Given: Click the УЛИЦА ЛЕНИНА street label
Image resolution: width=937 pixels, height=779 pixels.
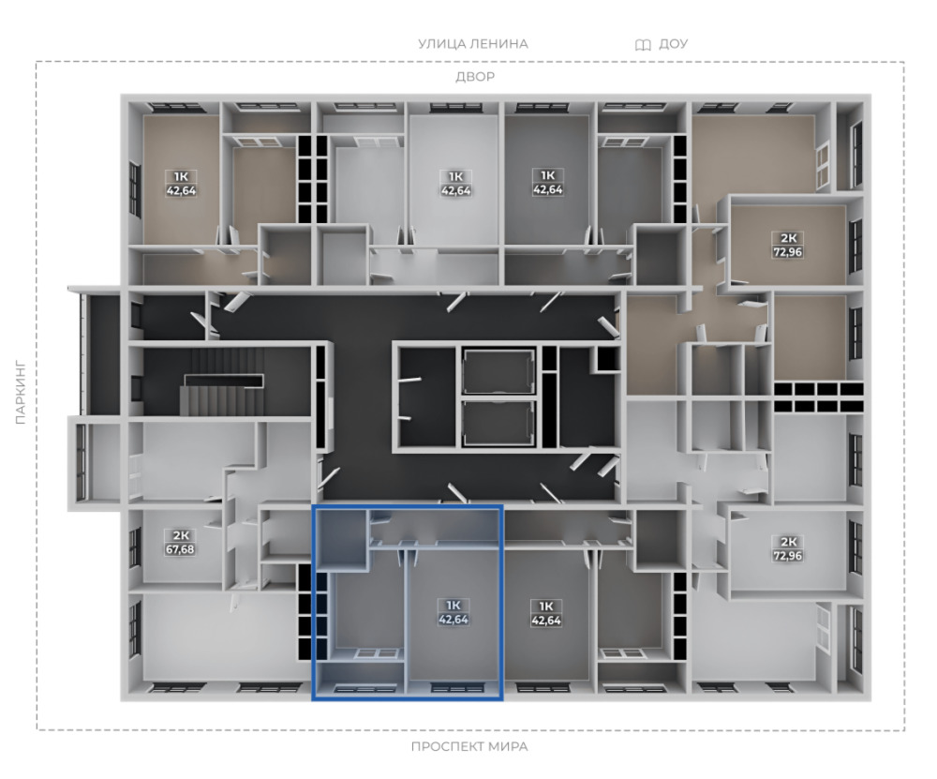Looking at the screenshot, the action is coord(472,44).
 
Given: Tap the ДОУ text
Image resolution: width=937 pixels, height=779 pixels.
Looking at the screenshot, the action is coord(674,44).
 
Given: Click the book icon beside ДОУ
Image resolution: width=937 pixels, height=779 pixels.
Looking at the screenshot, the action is coord(643,45).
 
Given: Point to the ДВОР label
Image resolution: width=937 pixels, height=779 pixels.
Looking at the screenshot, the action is coord(475,77).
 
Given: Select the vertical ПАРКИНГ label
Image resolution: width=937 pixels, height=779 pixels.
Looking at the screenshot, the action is coord(21,392).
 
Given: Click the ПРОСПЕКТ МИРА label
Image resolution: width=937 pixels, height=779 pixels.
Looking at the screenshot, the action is coord(469,747).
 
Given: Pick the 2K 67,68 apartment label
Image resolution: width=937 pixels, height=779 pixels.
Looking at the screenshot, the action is coord(180,542).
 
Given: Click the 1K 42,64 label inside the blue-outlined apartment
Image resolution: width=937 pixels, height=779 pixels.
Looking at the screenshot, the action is coord(454,612).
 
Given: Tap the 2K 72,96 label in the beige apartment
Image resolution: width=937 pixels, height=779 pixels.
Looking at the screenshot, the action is coord(788,245).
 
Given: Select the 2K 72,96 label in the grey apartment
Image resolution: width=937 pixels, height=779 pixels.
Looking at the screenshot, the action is coord(788,548).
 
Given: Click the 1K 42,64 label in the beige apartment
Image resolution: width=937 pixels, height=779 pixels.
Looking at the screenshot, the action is coord(181,184).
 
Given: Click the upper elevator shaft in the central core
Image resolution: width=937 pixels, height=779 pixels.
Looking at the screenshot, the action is coord(498,372).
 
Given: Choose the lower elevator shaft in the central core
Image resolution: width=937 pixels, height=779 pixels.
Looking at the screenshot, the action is coord(498,423).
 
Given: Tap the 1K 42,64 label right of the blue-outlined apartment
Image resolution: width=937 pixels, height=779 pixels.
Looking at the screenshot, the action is coord(546,613).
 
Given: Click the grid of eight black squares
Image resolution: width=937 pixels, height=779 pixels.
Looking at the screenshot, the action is coord(819,397).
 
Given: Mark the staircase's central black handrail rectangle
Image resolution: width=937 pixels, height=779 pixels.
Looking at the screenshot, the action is coord(224,381).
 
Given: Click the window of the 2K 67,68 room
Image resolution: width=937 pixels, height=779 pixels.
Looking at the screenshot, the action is coord(134,547).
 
